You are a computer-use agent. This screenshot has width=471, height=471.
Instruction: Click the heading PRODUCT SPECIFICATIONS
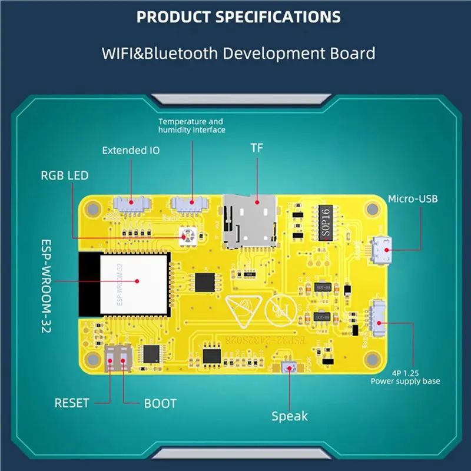pyautogui.click(x=238, y=16)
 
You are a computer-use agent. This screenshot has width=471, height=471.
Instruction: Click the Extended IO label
pyautogui.click(x=130, y=150)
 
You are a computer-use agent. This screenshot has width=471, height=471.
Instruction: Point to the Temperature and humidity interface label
pyautogui.click(x=191, y=125)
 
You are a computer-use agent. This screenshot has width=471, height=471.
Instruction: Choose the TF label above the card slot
pyautogui.click(x=257, y=149)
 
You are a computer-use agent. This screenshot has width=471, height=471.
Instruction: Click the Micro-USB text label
pyautogui.click(x=412, y=199)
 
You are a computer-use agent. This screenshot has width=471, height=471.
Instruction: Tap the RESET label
pyautogui.click(x=72, y=403)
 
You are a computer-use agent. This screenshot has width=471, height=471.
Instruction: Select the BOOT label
pyautogui.click(x=160, y=403)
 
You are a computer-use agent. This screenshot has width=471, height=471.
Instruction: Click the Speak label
pyautogui.click(x=289, y=416)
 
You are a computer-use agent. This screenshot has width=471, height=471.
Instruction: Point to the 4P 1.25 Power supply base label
pyautogui.click(x=405, y=377)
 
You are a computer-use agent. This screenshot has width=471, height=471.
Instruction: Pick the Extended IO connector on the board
pyautogui.click(x=130, y=205)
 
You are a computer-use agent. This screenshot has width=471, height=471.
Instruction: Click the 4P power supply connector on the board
pyautogui.click(x=377, y=320)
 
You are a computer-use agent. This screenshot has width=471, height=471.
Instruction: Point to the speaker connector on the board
pyautogui.click(x=289, y=367)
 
